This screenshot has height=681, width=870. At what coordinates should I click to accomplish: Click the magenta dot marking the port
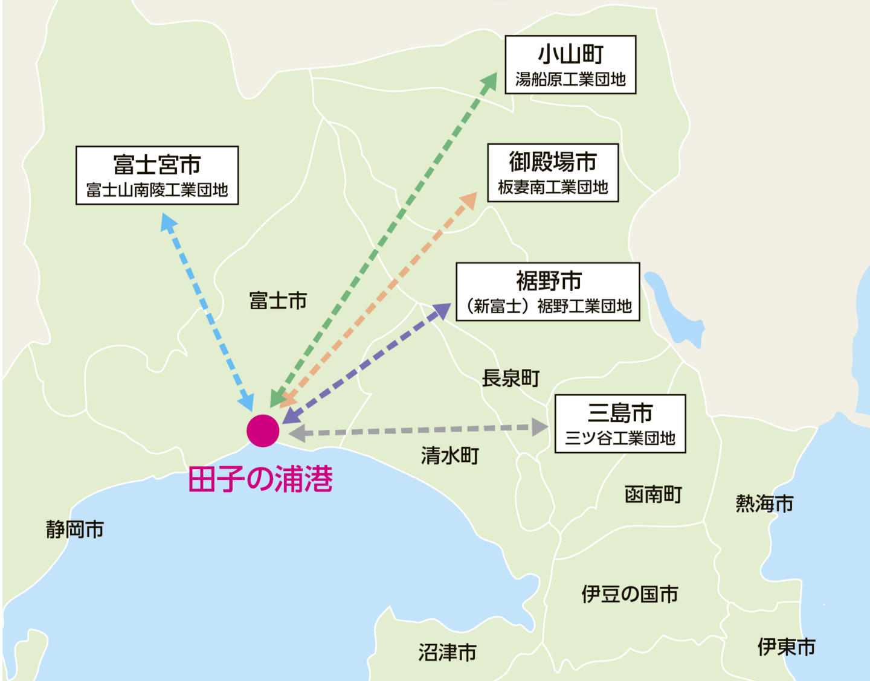click(263, 430)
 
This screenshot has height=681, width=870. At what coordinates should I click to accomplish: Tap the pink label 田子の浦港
click(260, 479)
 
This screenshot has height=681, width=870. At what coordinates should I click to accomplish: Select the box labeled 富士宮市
click(157, 175)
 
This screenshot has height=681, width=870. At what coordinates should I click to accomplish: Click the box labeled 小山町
click(570, 65)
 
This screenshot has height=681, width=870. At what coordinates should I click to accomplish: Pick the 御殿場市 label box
click(553, 173)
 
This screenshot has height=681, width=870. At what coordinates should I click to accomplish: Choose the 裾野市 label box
click(548, 292)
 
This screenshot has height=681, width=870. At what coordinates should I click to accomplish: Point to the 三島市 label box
click(620, 424)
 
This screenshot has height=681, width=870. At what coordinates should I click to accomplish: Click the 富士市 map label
click(278, 300)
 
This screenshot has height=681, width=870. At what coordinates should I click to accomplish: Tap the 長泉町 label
click(511, 379)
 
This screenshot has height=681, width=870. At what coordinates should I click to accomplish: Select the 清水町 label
click(450, 455)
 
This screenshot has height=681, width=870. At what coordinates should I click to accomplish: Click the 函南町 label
click(653, 494)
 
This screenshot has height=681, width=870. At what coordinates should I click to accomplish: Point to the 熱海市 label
click(764, 503)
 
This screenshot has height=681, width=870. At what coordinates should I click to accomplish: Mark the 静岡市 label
click(75, 529)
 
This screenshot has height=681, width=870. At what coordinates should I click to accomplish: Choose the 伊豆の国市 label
click(630, 594)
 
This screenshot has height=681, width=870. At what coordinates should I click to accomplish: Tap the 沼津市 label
click(448, 652)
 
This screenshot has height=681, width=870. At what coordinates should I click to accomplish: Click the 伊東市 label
click(786, 647)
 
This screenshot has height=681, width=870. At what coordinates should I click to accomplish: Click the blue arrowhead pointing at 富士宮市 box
click(169, 222)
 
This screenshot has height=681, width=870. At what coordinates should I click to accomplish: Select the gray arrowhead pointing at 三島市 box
click(540, 427)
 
